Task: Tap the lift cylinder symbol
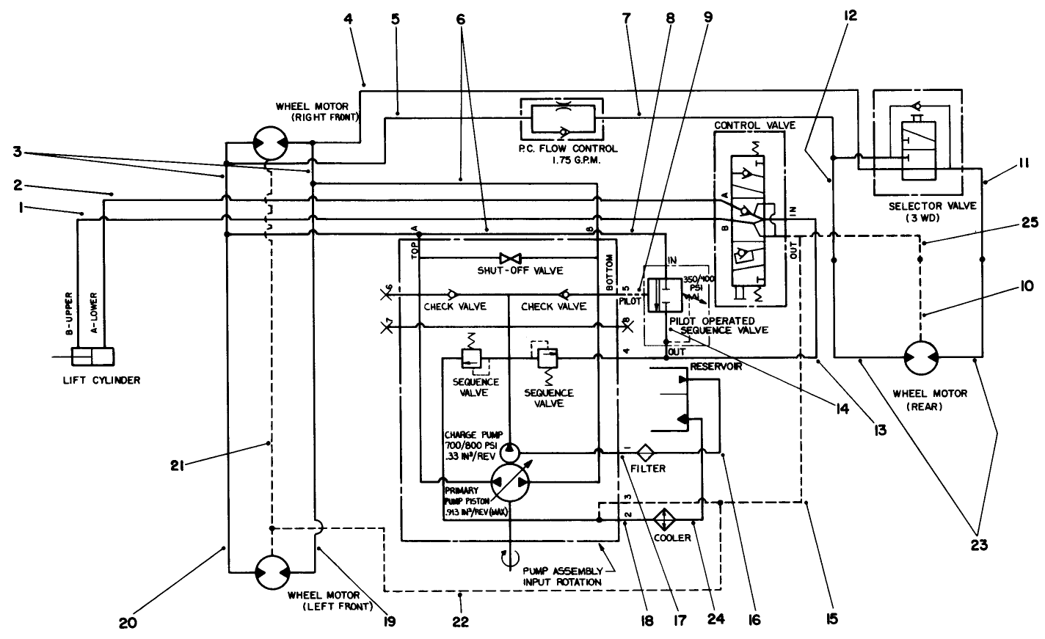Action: [x=93, y=357]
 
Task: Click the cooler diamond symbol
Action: [x=665, y=518]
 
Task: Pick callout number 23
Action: [x=980, y=546]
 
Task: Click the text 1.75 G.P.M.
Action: [x=567, y=159]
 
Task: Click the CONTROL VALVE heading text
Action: [x=754, y=125]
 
